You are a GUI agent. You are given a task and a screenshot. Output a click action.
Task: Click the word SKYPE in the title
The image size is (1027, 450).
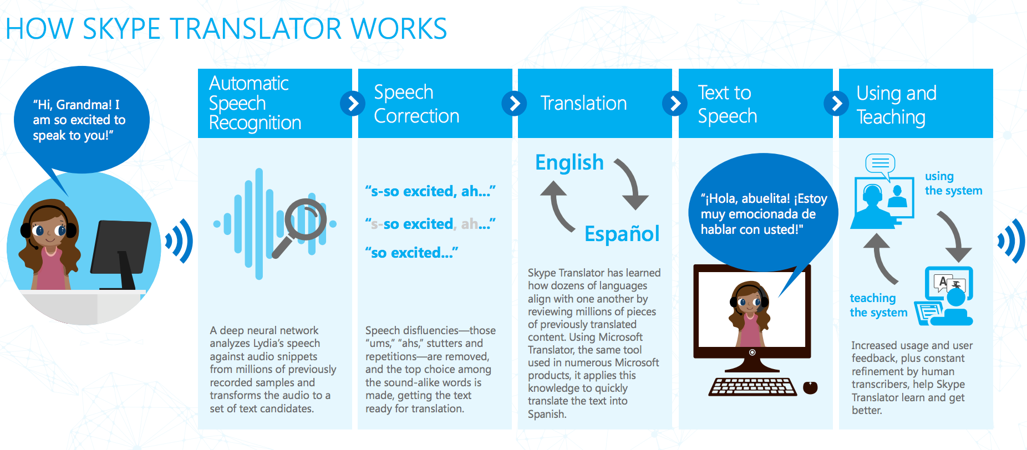121,29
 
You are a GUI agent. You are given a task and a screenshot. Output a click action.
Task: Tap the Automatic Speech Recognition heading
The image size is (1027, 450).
255,103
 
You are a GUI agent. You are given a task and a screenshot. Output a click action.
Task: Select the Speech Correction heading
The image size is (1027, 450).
416,104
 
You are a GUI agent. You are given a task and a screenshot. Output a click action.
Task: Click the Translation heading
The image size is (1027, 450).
583,103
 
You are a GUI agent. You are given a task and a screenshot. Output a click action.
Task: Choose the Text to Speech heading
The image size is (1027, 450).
727,104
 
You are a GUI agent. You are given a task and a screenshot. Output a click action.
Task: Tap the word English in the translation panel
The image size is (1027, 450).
569,162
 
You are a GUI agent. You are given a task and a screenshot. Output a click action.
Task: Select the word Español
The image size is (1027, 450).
622,233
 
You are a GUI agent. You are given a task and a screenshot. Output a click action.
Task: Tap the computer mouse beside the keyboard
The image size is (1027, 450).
810,387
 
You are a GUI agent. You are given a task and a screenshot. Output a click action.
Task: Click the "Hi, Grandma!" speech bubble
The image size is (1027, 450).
81,120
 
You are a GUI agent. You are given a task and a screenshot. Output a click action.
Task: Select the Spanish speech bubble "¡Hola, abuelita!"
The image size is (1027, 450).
763,213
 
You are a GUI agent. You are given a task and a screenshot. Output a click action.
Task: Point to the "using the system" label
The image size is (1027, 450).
953,183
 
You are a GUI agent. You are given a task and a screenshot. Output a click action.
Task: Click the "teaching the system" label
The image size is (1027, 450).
878,305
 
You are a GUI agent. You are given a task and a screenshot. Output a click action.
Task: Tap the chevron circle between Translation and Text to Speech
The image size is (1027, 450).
675,103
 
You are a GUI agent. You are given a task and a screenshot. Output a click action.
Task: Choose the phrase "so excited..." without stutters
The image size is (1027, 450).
411,253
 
